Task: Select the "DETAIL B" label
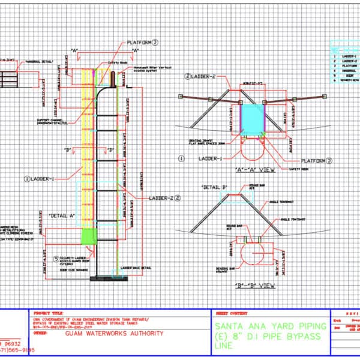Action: [214, 188]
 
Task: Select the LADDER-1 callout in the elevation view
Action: [42, 178]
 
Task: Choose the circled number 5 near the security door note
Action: [56, 260]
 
